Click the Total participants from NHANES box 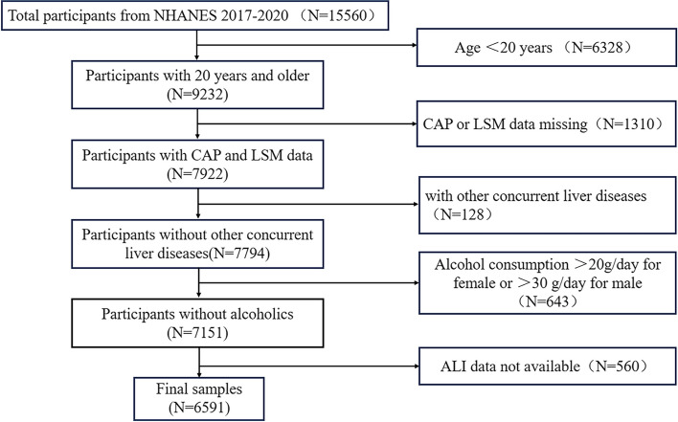(x=195, y=15)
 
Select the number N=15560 (x=338, y=16)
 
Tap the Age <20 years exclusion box (x=547, y=47)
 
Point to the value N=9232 (x=197, y=94)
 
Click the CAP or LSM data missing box (x=547, y=124)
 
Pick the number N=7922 (x=197, y=173)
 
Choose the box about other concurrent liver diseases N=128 (x=548, y=205)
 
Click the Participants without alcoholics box (x=197, y=323)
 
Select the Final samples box (x=199, y=399)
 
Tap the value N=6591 (x=199, y=408)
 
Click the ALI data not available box (x=548, y=366)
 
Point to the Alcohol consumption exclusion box (x=548, y=283)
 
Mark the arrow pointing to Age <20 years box (x=307, y=45)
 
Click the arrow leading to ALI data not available (x=309, y=366)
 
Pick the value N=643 (x=547, y=301)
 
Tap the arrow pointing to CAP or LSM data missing (x=307, y=124)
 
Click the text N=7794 (x=239, y=254)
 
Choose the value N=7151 (x=197, y=333)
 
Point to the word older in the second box (x=292, y=76)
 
